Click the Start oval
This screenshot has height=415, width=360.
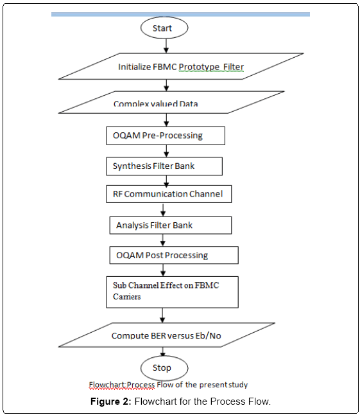pyautogui.click(x=164, y=28)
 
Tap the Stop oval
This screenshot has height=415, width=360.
pyautogui.click(x=164, y=368)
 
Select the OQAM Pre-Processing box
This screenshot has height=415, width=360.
pyautogui.click(x=166, y=136)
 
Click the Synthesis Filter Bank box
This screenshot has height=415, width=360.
pyautogui.click(x=164, y=166)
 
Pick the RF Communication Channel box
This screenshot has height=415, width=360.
pyautogui.click(x=169, y=194)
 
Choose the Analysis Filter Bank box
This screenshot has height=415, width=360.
pyautogui.click(x=171, y=225)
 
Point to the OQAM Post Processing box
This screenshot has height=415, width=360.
pyautogui.click(x=174, y=255)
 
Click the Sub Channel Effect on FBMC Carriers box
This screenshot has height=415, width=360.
pyautogui.click(x=173, y=292)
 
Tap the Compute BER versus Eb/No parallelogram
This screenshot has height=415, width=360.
pyautogui.click(x=167, y=335)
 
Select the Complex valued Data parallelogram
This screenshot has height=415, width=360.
pyautogui.click(x=171, y=102)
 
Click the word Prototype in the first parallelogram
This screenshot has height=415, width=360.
pyautogui.click(x=199, y=67)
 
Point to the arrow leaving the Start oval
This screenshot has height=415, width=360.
pyautogui.click(x=166, y=46)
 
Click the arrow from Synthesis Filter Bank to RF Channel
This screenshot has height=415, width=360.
pyautogui.click(x=166, y=181)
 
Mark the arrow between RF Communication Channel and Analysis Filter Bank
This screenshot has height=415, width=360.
pyautogui.click(x=163, y=210)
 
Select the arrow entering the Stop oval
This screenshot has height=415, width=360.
pyautogui.click(x=163, y=351)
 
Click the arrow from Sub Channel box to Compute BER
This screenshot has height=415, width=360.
pyautogui.click(x=162, y=315)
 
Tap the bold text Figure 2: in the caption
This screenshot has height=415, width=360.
pyautogui.click(x=111, y=402)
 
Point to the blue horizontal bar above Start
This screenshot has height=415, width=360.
pyautogui.click(x=180, y=15)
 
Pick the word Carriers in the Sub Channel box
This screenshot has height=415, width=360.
pyautogui.click(x=127, y=297)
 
